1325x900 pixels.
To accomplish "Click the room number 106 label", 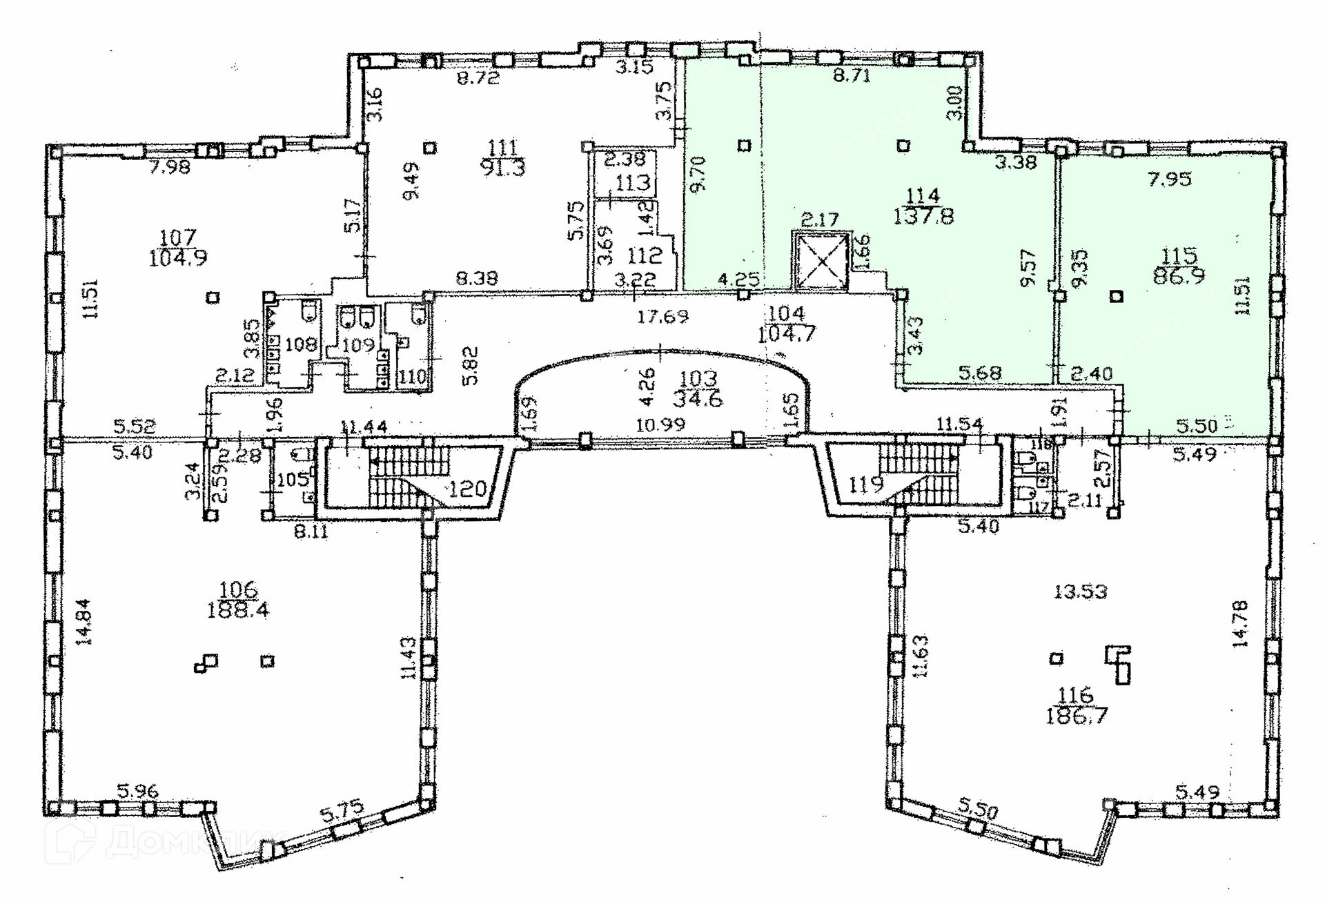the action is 237,591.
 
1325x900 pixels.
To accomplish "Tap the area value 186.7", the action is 1077,716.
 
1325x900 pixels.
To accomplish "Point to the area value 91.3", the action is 504,168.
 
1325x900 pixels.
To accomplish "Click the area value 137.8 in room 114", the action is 923,217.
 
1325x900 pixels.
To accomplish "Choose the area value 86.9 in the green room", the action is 1179,276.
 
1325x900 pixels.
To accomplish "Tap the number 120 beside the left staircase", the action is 467,489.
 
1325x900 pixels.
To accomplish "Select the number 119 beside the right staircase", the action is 866,485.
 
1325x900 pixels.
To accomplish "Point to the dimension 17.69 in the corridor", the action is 662,317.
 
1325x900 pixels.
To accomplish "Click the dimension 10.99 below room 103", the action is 660,424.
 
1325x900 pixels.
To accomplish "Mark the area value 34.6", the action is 698,400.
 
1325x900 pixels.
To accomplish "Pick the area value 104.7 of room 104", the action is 786,335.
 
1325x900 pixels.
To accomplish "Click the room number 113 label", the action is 634,183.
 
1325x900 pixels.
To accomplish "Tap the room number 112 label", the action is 645,255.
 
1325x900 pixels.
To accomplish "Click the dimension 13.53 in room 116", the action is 1081,591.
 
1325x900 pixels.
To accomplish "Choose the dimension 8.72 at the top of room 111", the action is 478,78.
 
